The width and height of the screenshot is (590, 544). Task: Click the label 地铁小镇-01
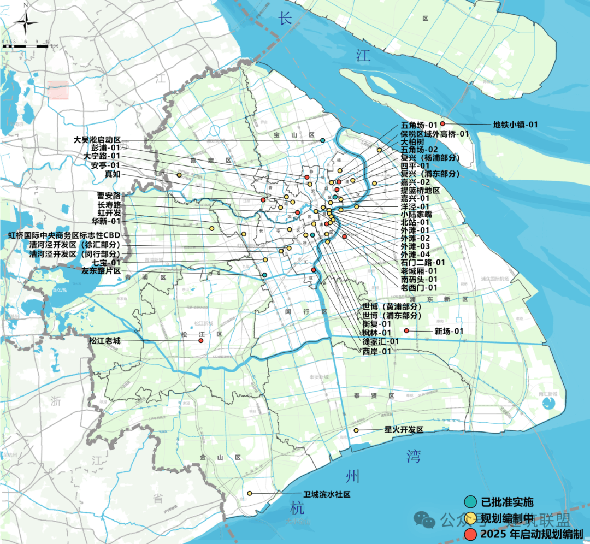[x=515, y=125]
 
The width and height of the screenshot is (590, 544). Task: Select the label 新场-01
[x=449, y=331]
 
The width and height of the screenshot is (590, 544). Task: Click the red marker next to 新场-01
[x=406, y=331]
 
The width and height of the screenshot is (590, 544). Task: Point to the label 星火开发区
[x=404, y=430]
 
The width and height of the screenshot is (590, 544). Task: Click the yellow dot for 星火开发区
[x=356, y=430]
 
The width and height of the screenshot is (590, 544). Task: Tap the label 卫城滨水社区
[x=327, y=494]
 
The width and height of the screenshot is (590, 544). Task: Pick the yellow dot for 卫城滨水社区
[x=250, y=494]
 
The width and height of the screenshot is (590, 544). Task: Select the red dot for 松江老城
[x=201, y=341]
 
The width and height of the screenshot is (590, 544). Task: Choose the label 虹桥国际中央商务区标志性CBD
[x=64, y=236]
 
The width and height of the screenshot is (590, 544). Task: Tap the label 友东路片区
[x=101, y=271]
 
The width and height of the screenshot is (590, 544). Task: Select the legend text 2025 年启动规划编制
[x=532, y=534]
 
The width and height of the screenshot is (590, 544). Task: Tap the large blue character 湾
[x=414, y=456]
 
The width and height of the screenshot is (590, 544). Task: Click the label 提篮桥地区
[x=420, y=191]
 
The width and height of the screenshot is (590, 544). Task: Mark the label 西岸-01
[x=377, y=351]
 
